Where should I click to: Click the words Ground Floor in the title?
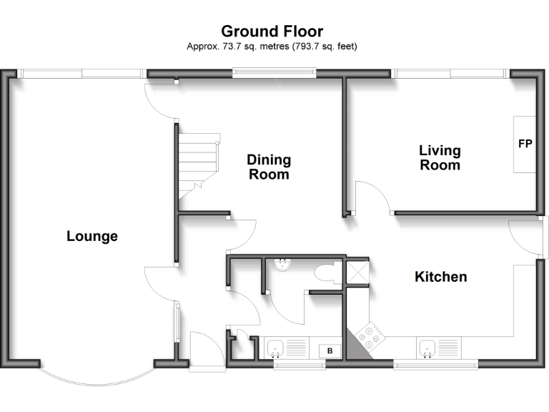coord(272,31)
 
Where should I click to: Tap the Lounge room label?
coord(92,236)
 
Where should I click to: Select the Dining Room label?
coord(269,167)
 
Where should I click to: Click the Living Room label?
coord(440,157)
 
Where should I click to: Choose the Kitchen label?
coord(441,276)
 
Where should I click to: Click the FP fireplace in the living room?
coord(524,144)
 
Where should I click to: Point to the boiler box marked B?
coord(330,350)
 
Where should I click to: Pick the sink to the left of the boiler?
coord(276,349)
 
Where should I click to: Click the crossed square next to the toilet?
coord(357,273)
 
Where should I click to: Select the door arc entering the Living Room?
coord(371,197)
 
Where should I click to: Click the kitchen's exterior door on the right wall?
coord(528,239)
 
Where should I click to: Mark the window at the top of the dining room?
coord(274,71)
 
